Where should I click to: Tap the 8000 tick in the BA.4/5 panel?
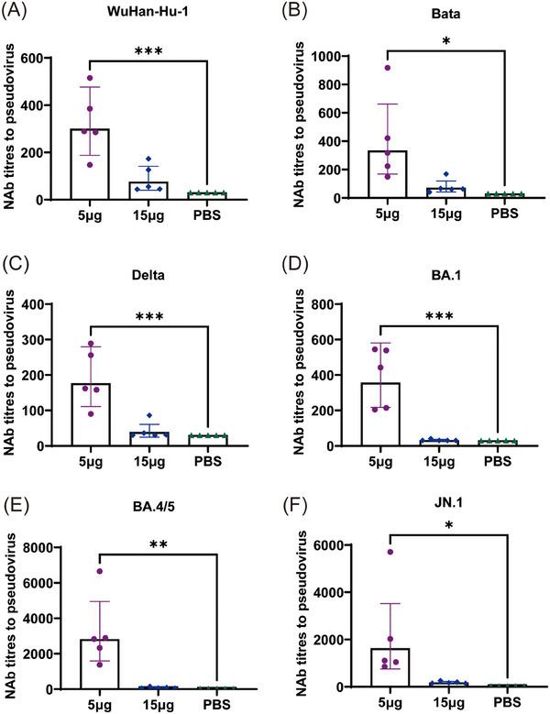coord(40,547)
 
